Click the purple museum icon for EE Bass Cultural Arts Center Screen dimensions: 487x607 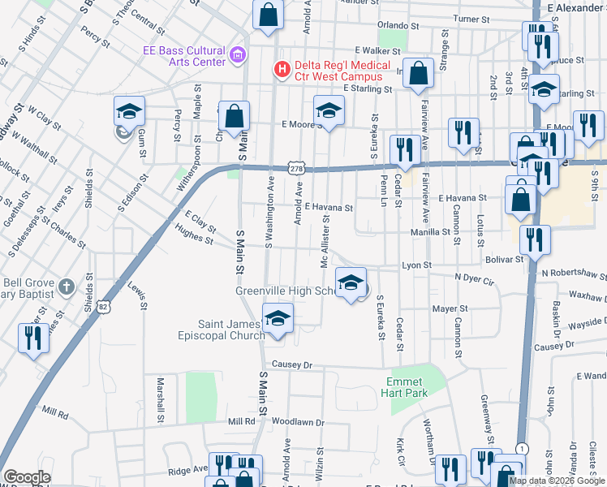coord(237,55)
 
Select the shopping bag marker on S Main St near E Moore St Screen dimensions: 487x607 coord(234,116)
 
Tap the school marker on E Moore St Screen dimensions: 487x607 coord(329,110)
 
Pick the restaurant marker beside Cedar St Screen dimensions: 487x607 coord(403,149)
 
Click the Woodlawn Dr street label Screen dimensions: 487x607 coord(298,422)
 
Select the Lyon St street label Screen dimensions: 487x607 coord(416,265)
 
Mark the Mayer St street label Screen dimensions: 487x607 coord(450,309)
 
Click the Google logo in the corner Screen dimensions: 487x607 coord(27,477)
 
